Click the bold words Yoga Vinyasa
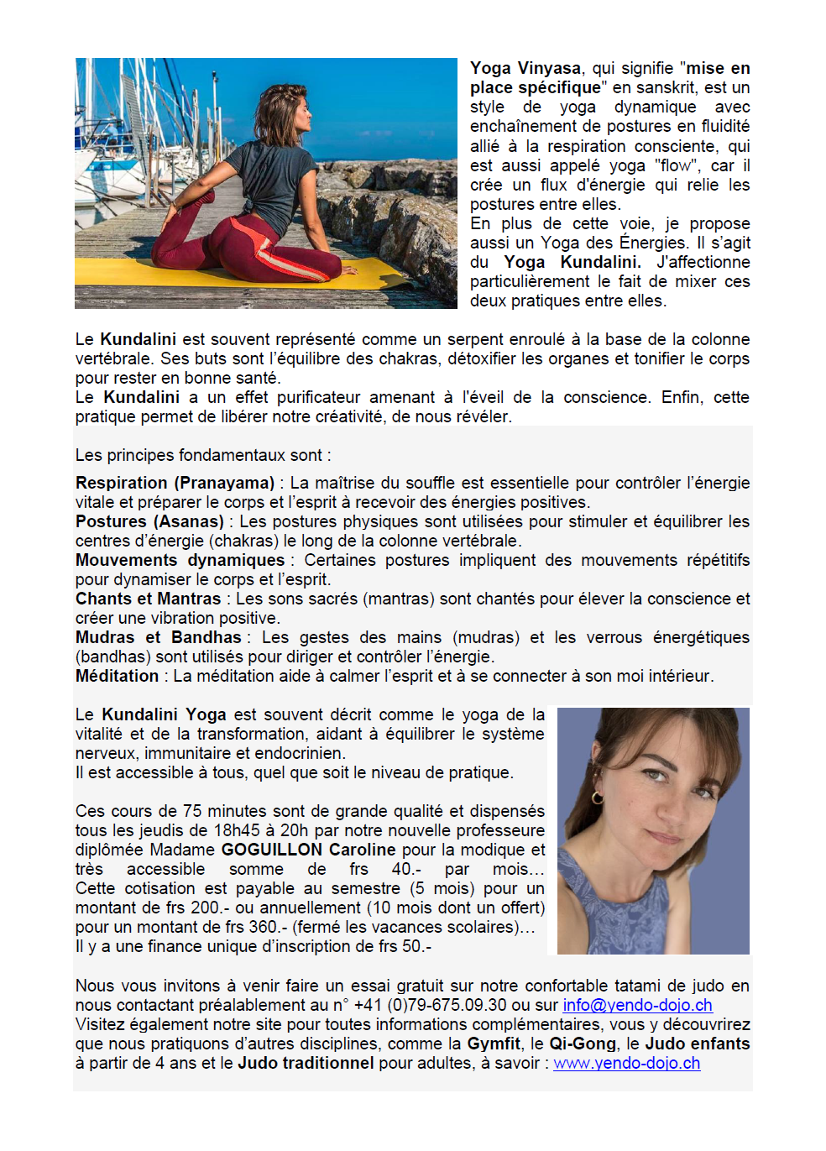(525, 69)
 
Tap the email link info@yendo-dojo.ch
(637, 1005)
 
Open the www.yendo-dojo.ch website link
(626, 1063)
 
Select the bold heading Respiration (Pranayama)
(175, 483)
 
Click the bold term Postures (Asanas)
(149, 521)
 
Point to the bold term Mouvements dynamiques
(180, 560)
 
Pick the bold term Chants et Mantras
(148, 599)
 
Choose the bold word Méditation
(117, 676)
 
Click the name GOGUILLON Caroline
(308, 850)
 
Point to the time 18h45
(237, 830)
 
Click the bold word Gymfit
(494, 1044)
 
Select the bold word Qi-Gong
(583, 1044)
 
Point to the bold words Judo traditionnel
(306, 1063)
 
